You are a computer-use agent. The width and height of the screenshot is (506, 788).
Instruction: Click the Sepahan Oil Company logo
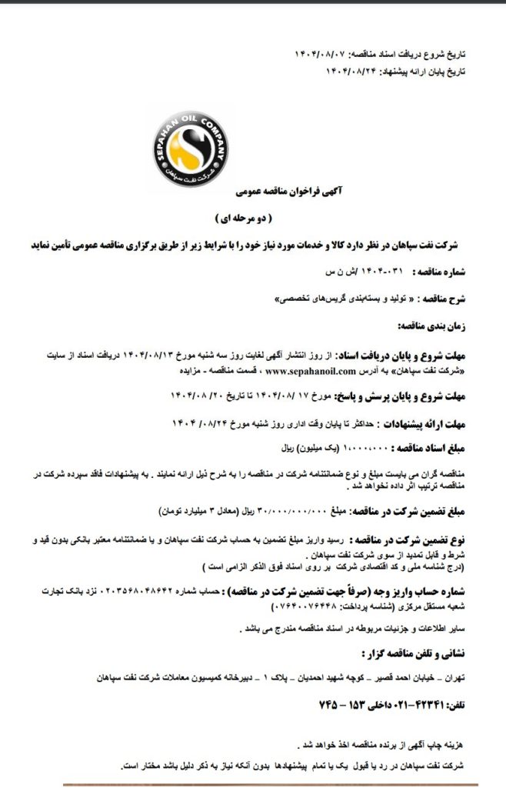click(189, 150)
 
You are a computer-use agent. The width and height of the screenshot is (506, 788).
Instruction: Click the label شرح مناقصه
click(451, 297)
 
